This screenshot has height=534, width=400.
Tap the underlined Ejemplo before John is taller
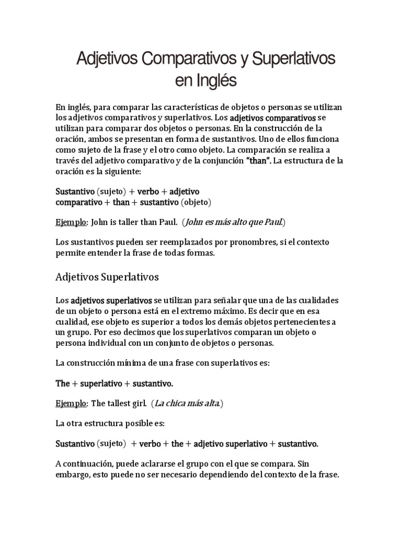point(71,222)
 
